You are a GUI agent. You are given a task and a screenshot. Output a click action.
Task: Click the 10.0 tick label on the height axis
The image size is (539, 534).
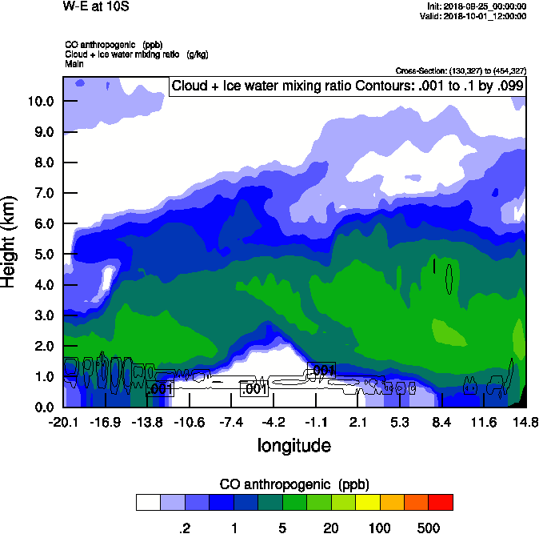(38, 102)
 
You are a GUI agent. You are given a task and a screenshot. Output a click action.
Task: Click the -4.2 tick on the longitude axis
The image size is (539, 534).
(273, 422)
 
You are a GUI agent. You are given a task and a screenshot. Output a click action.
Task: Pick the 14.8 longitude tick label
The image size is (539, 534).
(525, 422)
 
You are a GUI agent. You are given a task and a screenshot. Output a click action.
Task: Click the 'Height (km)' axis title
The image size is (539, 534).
(10, 241)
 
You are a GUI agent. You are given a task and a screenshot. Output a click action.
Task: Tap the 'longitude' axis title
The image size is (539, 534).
(293, 444)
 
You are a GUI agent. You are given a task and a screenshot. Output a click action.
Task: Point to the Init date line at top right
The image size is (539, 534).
(477, 6)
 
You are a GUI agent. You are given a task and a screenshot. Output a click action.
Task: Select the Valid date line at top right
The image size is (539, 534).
(477, 16)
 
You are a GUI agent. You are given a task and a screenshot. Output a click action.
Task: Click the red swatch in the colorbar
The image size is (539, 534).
(441, 503)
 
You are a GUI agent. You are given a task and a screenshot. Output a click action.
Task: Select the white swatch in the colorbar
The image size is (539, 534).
(148, 503)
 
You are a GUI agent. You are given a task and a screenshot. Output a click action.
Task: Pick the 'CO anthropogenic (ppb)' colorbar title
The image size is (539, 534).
(293, 484)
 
